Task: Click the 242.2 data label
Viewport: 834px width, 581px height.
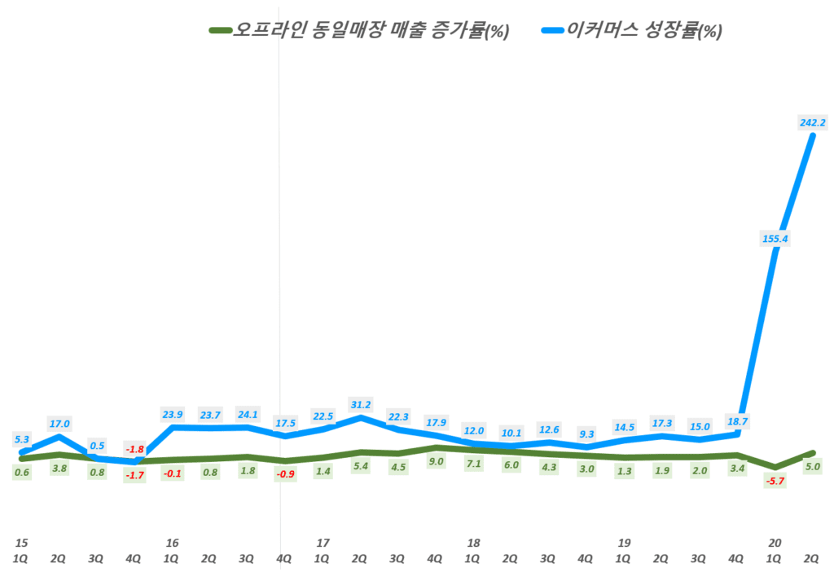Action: (813, 123)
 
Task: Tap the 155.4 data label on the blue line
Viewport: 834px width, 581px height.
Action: (774, 239)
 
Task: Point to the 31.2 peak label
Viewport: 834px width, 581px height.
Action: (360, 404)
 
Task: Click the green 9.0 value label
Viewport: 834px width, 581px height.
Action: (436, 461)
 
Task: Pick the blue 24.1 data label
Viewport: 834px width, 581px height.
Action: (247, 414)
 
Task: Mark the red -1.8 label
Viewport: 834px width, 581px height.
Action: (135, 449)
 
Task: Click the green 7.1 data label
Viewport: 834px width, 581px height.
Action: (473, 464)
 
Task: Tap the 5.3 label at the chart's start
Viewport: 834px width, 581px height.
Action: (22, 440)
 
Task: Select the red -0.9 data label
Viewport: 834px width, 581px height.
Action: (285, 474)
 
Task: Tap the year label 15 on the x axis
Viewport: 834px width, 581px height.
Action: (22, 543)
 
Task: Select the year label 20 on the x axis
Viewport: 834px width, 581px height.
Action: (775, 543)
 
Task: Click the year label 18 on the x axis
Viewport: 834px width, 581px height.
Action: (473, 543)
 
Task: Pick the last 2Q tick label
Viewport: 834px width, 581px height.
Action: (812, 559)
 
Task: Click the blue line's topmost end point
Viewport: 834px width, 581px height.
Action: (812, 135)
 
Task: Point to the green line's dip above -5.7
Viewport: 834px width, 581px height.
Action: (775, 468)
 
